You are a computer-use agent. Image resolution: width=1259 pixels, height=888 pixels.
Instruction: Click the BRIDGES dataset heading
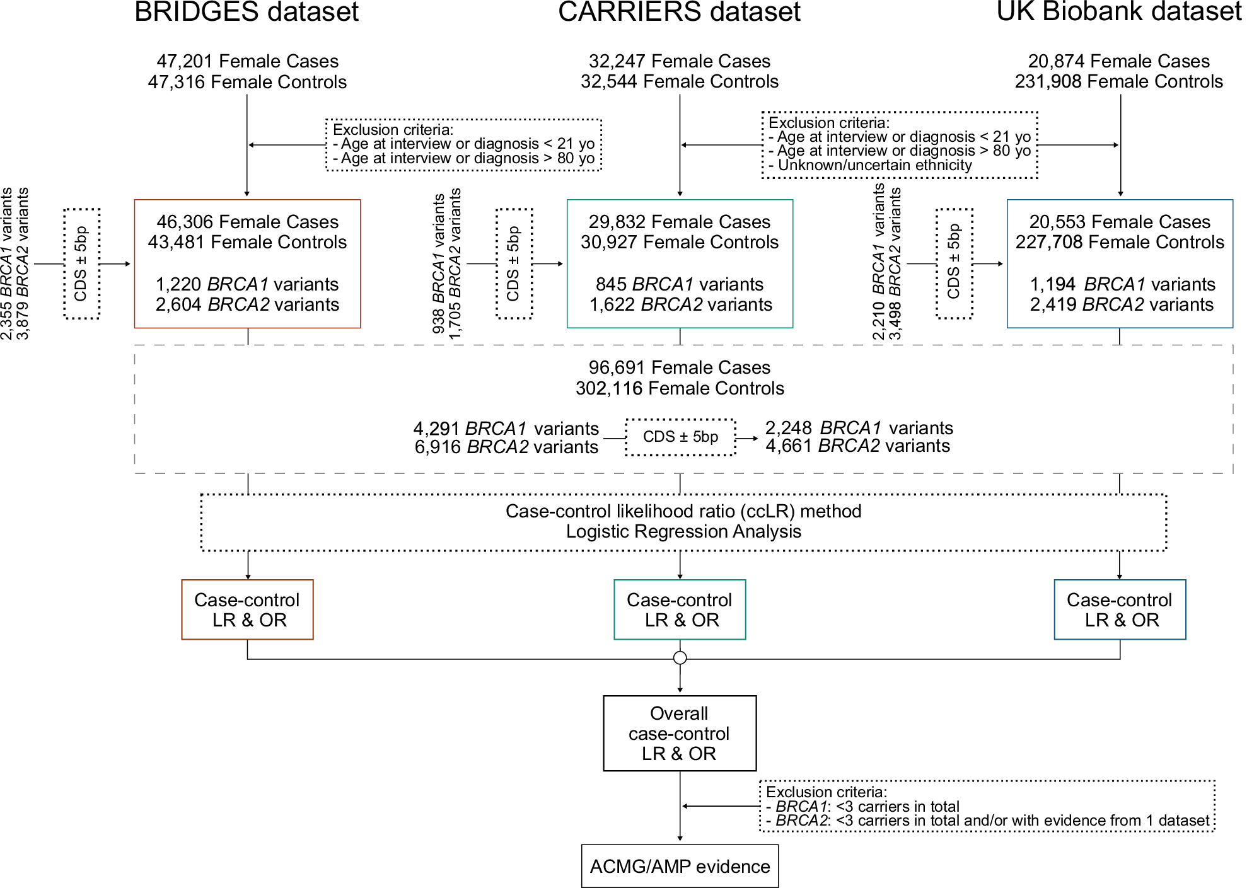(x=247, y=13)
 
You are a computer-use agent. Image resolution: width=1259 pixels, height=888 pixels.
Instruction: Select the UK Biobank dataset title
(x=1118, y=13)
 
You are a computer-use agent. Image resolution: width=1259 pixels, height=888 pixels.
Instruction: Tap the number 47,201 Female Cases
(x=247, y=61)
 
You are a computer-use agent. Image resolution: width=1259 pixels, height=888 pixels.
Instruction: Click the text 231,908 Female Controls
(x=1118, y=82)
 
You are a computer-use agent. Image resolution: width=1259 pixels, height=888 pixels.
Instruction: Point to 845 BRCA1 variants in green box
(x=679, y=284)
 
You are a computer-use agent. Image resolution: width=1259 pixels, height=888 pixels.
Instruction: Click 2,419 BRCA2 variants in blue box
(x=1121, y=305)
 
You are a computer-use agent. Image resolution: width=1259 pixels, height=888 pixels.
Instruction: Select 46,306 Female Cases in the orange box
(x=247, y=222)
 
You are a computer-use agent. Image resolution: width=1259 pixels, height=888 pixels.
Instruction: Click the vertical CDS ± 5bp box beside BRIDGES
(x=81, y=263)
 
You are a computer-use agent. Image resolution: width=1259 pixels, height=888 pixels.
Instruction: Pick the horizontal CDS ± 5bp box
(x=680, y=437)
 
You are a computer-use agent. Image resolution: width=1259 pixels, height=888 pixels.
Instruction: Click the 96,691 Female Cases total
(x=679, y=367)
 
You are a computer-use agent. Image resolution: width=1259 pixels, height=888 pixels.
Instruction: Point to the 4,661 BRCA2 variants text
(x=857, y=446)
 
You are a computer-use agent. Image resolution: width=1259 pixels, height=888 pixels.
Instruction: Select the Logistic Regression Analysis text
(x=683, y=531)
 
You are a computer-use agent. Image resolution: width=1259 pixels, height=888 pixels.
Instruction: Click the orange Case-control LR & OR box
(x=247, y=609)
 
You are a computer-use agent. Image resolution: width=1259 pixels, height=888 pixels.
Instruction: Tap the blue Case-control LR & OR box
(x=1119, y=609)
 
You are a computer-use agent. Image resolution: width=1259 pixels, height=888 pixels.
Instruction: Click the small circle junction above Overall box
(x=680, y=658)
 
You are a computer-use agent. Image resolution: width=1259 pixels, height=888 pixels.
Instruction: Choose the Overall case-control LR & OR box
(x=680, y=733)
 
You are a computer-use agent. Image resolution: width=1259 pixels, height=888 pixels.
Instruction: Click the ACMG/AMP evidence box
(x=680, y=866)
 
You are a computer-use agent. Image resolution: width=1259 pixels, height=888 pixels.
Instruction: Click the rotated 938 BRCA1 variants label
(x=439, y=263)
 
